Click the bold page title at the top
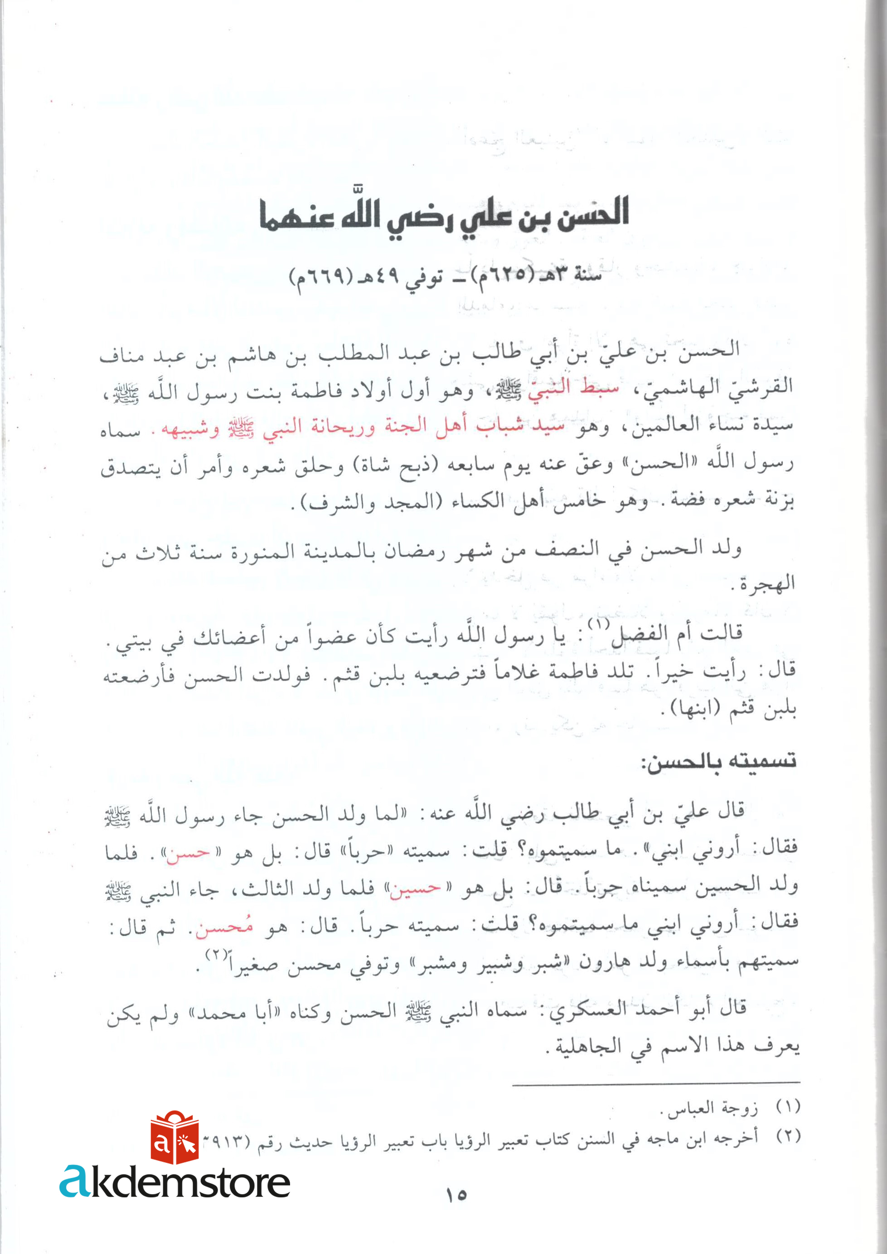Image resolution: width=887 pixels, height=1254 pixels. [x=444, y=214]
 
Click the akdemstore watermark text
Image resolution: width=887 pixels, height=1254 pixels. [x=175, y=1182]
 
